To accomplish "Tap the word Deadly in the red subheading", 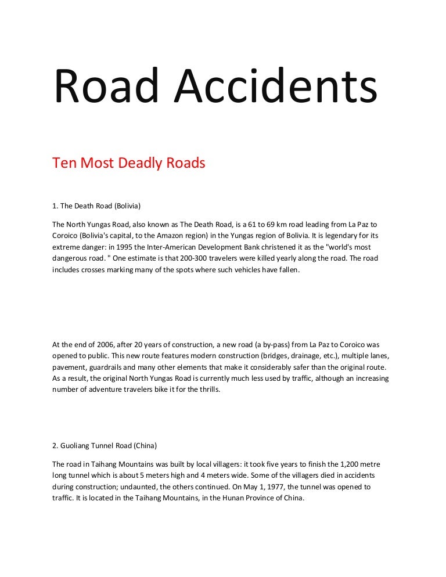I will [x=141, y=163].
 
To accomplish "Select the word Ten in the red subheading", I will [x=64, y=163].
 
